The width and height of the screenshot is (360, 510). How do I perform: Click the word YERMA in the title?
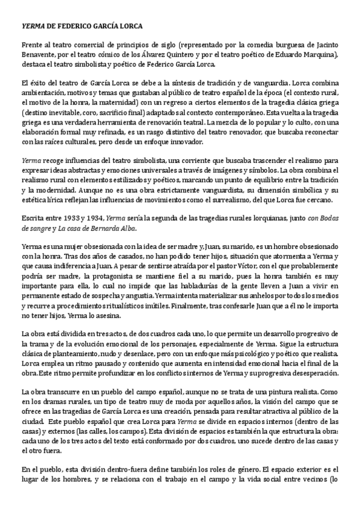point(32,27)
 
